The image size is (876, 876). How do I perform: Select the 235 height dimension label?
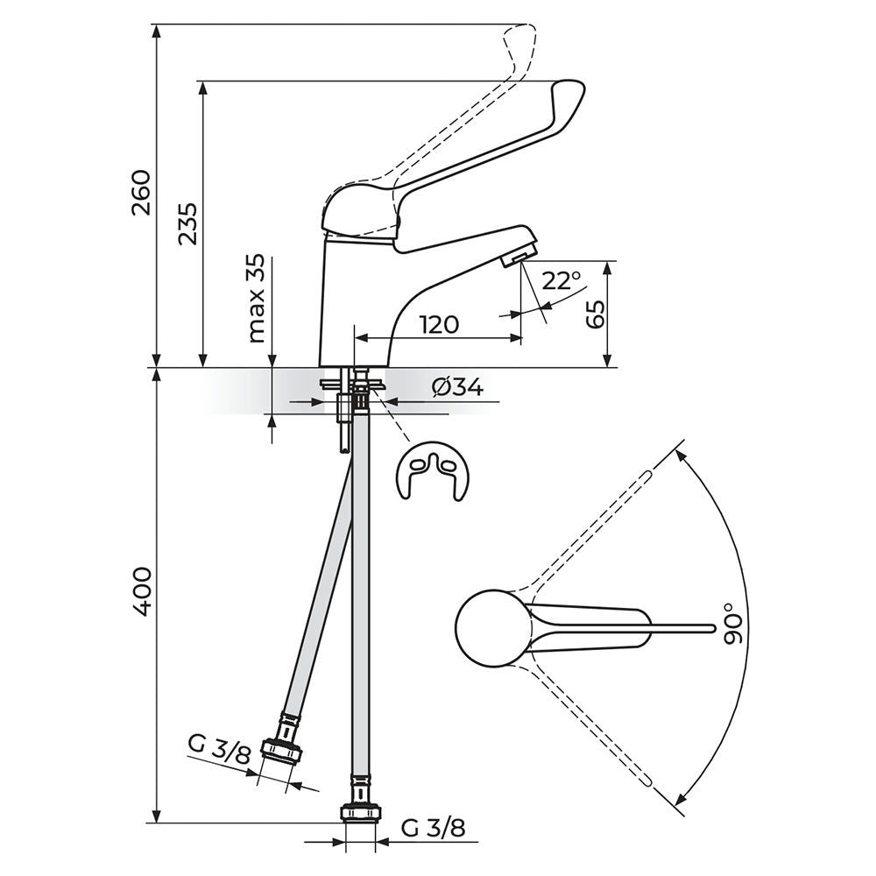(188, 223)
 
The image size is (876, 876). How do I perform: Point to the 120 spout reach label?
(439, 324)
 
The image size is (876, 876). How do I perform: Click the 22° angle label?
(562, 280)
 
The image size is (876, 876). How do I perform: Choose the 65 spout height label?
(596, 314)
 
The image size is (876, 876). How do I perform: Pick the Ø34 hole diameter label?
(457, 387)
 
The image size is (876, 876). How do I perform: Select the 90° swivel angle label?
(734, 624)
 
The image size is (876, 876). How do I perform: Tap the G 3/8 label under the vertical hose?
(433, 829)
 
